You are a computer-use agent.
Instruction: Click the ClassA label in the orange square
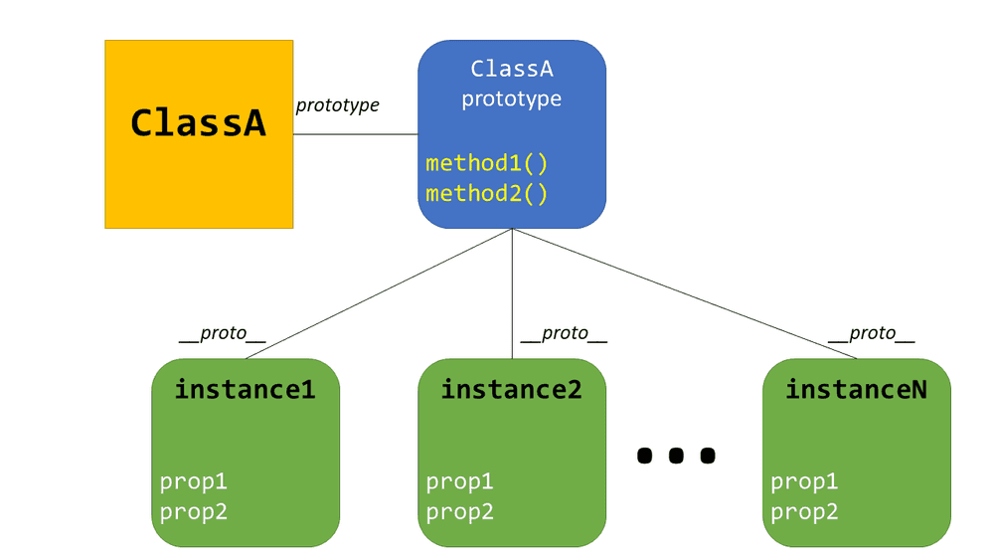pos(199,123)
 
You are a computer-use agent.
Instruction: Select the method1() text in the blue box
pos(487,163)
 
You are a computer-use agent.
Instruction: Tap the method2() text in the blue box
pos(487,193)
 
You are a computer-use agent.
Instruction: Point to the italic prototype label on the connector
pos(338,104)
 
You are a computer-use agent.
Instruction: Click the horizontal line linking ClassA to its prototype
pos(355,134)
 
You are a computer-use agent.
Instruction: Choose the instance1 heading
pos(245,389)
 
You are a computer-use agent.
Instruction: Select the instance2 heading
pos(511,389)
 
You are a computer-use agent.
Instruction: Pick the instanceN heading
pos(856,389)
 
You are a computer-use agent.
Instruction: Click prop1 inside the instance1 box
pos(194,482)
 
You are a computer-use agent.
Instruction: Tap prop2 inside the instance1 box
pos(194,512)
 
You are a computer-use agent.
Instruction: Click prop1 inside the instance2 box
pos(460,482)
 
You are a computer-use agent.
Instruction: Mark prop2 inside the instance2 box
pos(460,512)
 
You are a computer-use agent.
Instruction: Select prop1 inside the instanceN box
pos(805,482)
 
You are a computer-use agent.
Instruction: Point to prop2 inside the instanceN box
pos(805,512)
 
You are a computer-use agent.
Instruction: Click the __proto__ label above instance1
pos(223,334)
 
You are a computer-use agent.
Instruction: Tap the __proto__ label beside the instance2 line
pos(564,334)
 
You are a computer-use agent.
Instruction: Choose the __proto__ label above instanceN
pos(871,334)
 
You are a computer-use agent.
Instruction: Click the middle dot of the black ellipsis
pos(676,456)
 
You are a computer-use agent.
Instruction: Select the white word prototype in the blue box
pos(511,99)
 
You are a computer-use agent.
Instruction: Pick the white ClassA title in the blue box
pos(511,70)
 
